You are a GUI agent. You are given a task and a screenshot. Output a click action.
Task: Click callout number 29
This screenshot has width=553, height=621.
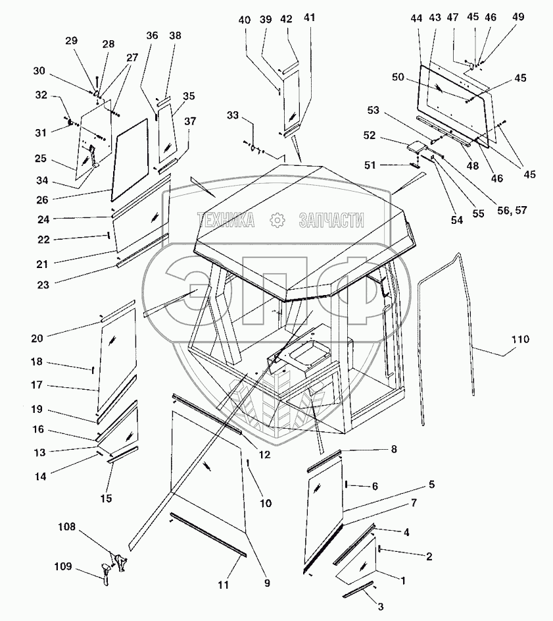(71, 41)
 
